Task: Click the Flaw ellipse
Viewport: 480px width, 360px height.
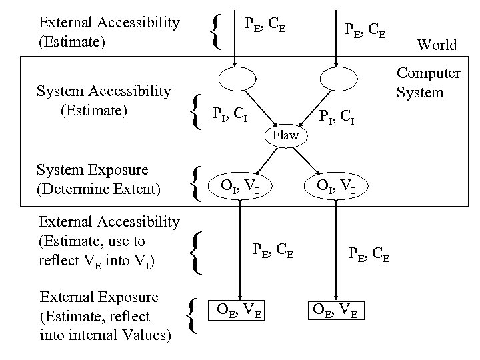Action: [285, 135]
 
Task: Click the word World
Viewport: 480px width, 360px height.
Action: [437, 45]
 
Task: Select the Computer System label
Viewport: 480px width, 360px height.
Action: [429, 82]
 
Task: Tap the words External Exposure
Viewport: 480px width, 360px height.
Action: [99, 297]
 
